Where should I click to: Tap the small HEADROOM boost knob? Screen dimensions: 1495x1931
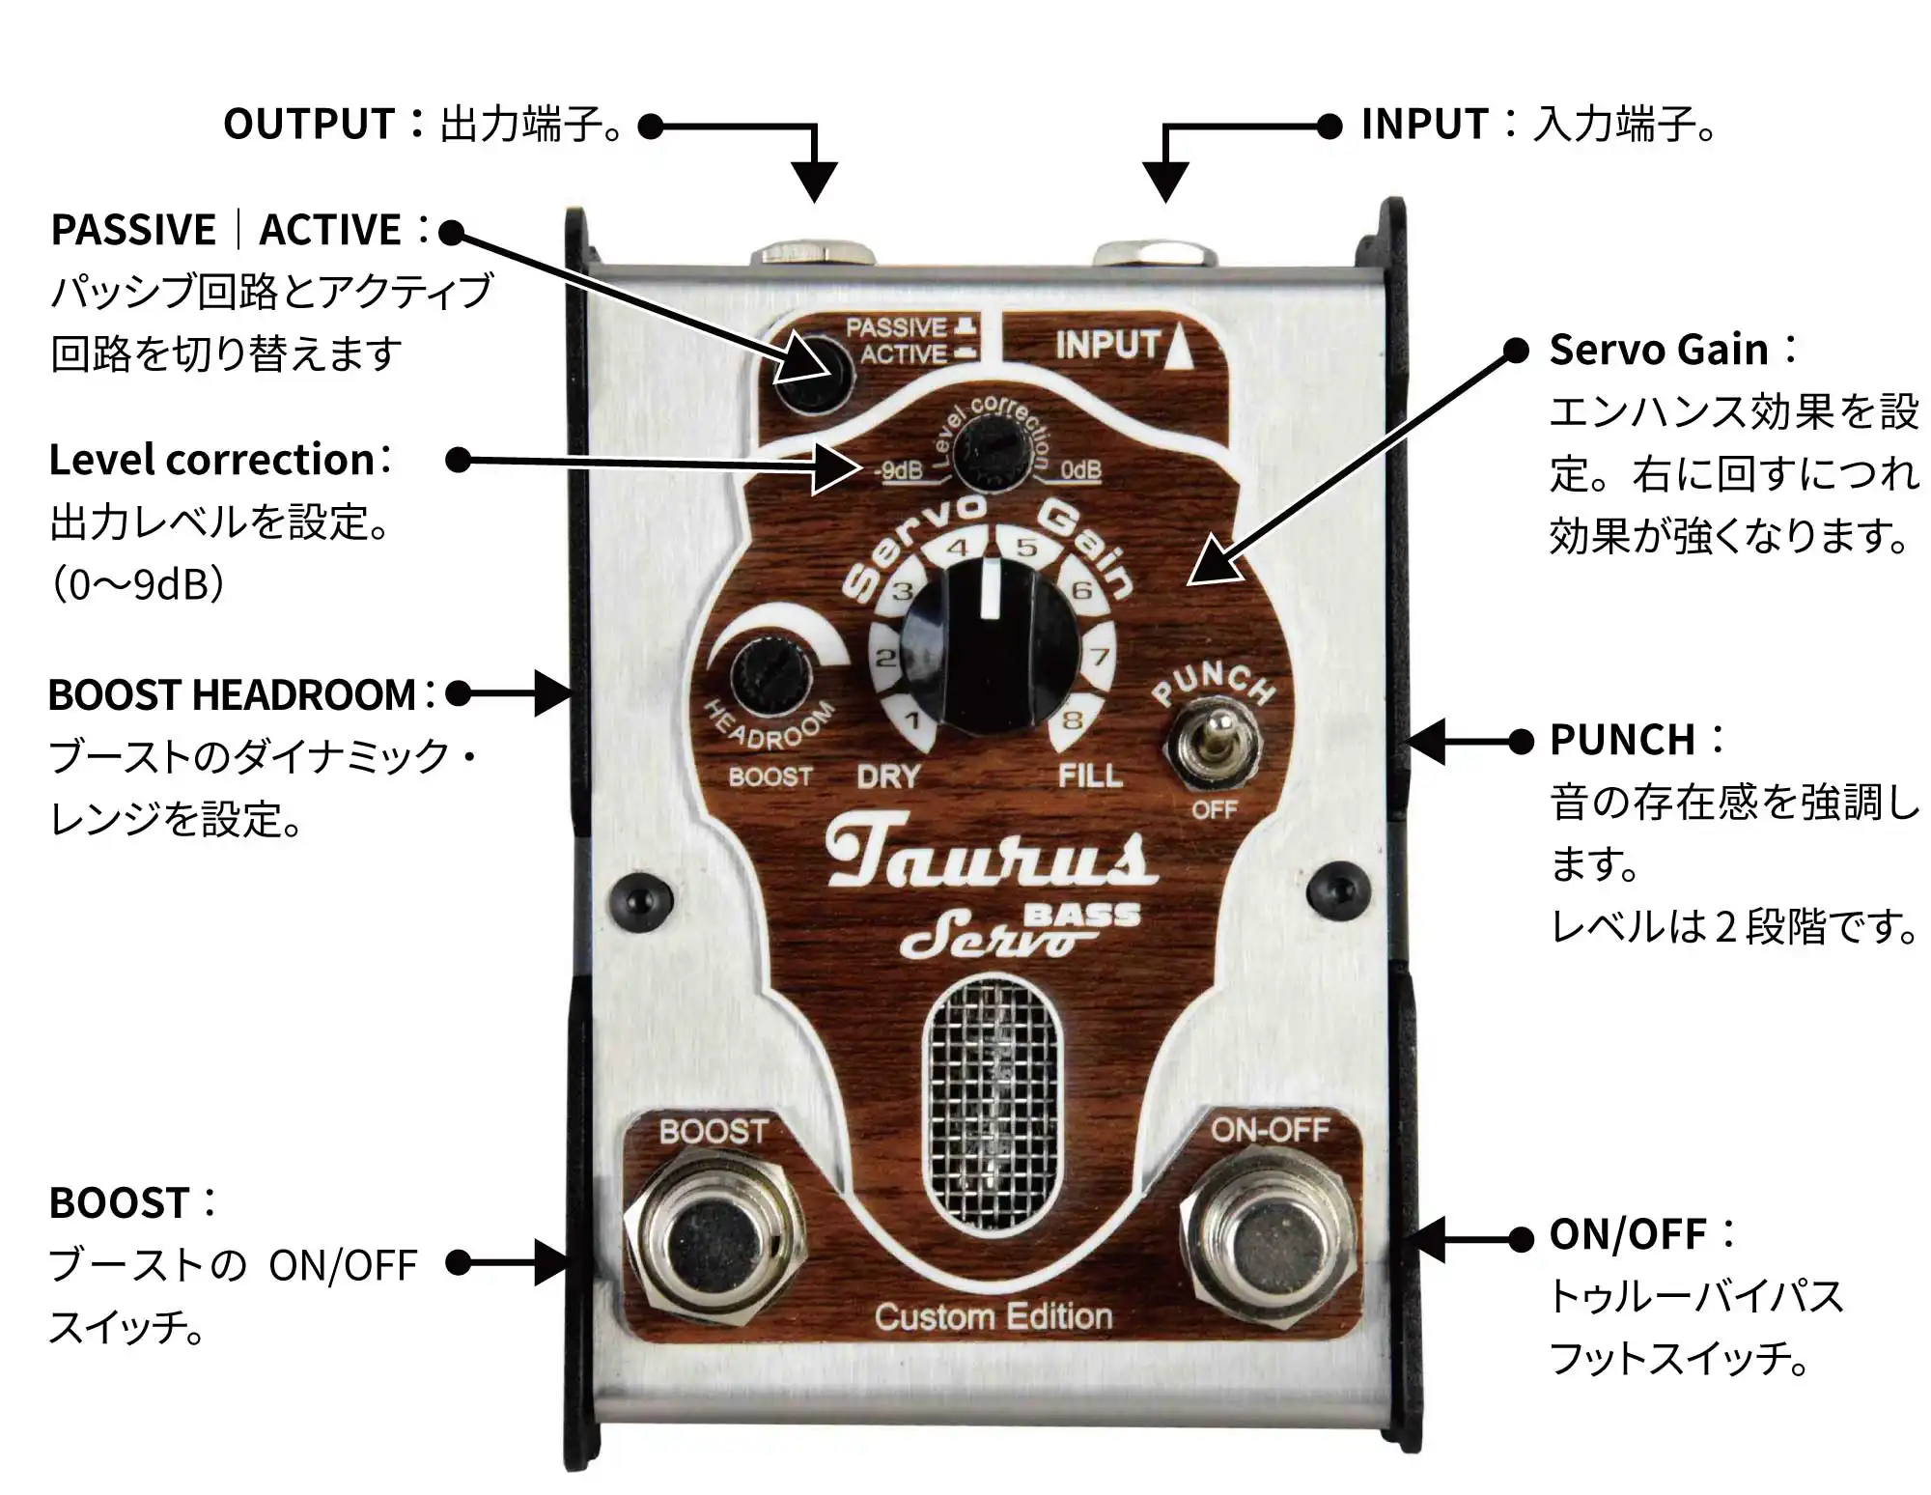click(x=770, y=675)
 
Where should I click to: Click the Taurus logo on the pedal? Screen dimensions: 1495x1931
click(x=990, y=854)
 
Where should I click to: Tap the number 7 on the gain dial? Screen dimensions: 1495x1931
click(x=1100, y=658)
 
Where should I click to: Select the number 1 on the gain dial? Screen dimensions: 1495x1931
click(x=911, y=719)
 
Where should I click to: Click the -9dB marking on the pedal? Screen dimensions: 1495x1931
click(x=899, y=470)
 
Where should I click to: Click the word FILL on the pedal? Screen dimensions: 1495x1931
click(x=1090, y=776)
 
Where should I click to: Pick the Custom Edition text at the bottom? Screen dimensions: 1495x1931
click(x=993, y=1316)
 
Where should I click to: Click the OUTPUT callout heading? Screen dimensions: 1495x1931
click(x=309, y=125)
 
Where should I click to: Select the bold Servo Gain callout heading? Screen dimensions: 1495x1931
click(x=1659, y=350)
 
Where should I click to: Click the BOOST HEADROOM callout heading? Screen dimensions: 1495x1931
click(x=232, y=695)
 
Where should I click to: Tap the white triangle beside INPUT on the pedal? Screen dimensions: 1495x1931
click(x=1179, y=350)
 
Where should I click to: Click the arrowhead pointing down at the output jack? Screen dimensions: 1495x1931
click(x=814, y=182)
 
